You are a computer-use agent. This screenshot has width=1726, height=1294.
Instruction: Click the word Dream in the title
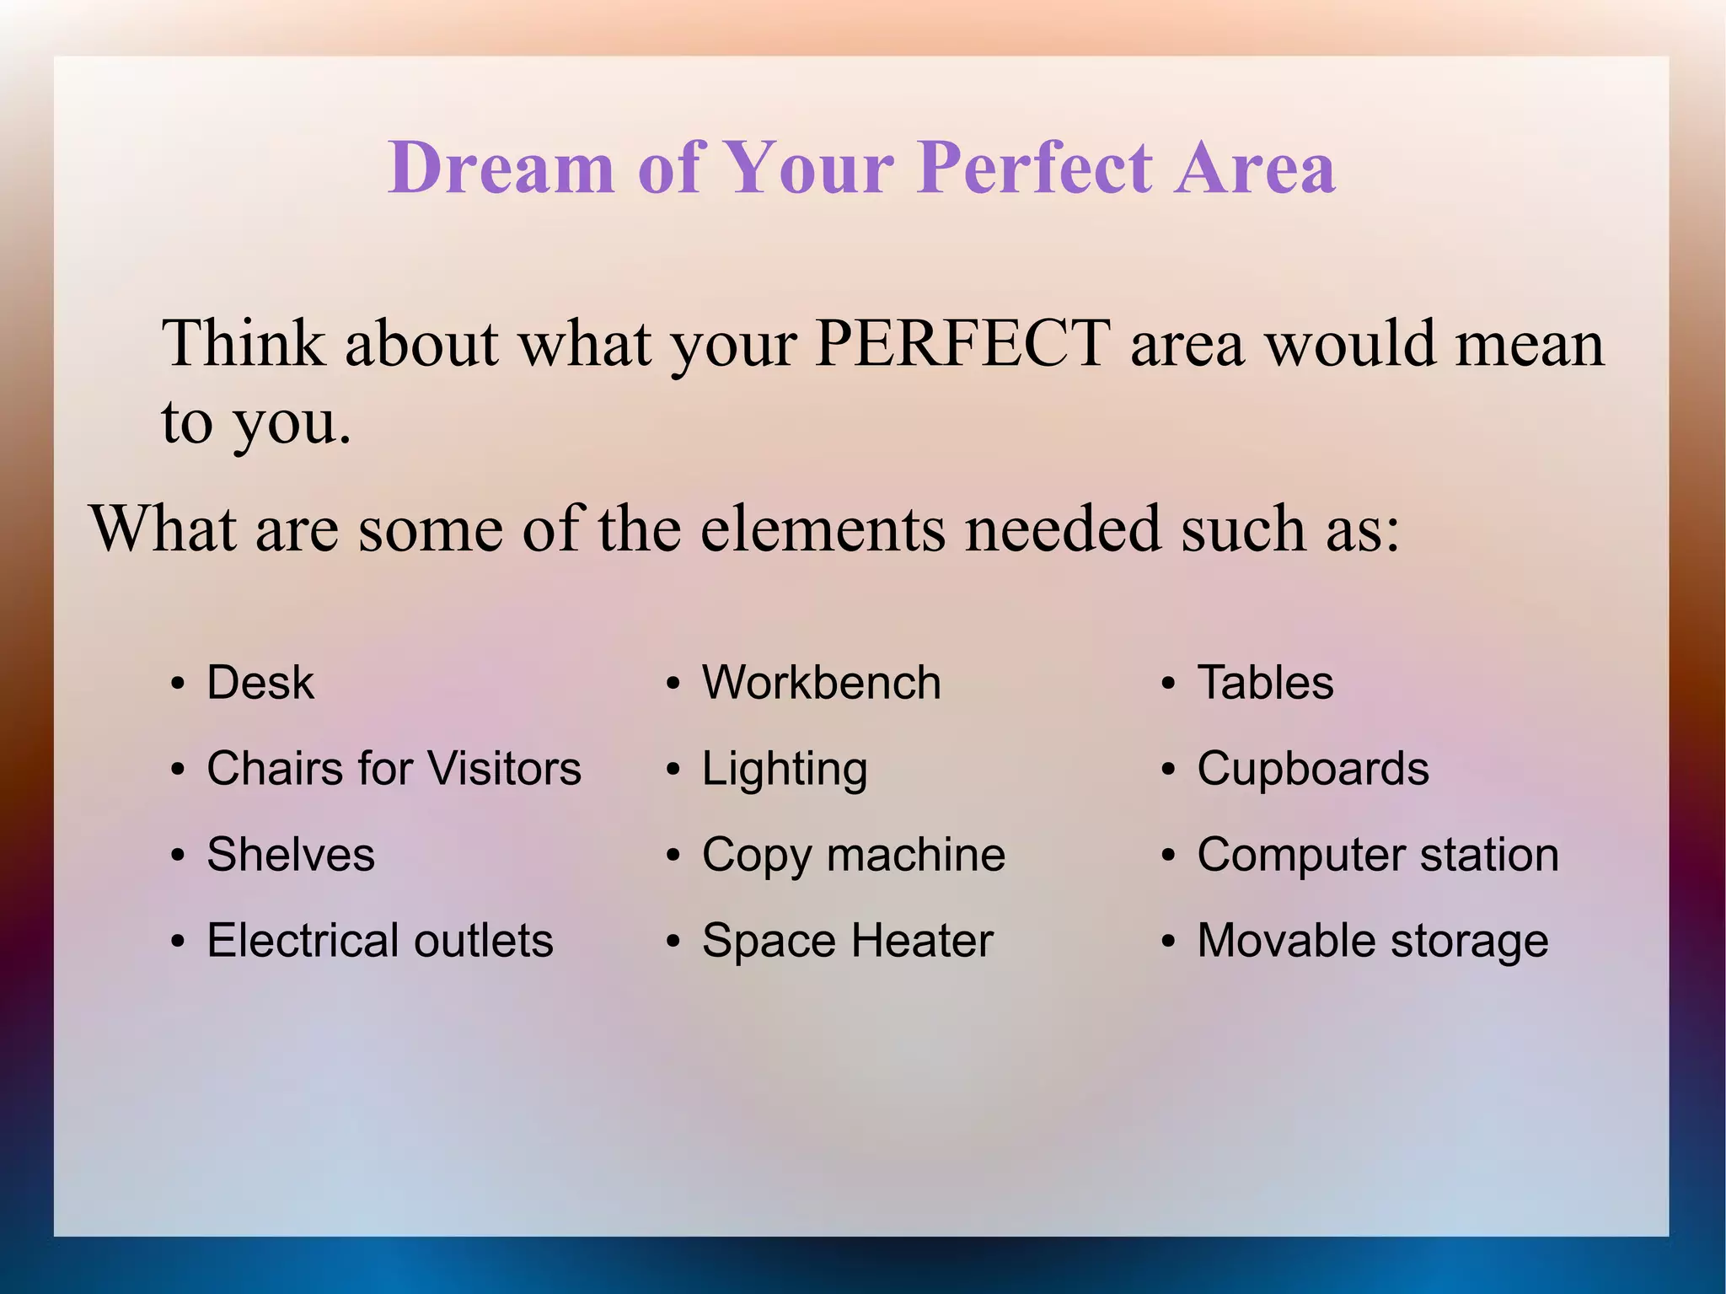pyautogui.click(x=501, y=167)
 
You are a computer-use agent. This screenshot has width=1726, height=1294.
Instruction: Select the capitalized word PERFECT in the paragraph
pyautogui.click(x=962, y=343)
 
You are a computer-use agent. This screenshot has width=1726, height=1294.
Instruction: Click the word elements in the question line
pyautogui.click(x=823, y=529)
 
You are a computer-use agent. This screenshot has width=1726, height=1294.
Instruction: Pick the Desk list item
pyautogui.click(x=260, y=682)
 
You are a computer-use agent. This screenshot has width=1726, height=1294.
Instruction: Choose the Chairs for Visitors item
pyautogui.click(x=394, y=769)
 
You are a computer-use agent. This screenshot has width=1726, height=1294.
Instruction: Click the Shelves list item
pyautogui.click(x=291, y=855)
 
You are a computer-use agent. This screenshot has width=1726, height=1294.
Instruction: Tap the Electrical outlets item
pyautogui.click(x=380, y=941)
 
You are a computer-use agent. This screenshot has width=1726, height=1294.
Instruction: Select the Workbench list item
pyautogui.click(x=821, y=682)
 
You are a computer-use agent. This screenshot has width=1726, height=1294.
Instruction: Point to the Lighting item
pyautogui.click(x=784, y=769)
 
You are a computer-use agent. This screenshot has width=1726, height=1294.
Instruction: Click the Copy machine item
pyautogui.click(x=853, y=855)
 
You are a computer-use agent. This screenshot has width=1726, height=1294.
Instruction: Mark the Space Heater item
pyautogui.click(x=847, y=941)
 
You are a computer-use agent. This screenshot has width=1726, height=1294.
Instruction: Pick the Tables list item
pyautogui.click(x=1265, y=682)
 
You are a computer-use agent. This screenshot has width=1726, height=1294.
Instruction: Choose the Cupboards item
pyautogui.click(x=1312, y=769)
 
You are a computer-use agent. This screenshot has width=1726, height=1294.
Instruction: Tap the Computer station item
pyautogui.click(x=1377, y=855)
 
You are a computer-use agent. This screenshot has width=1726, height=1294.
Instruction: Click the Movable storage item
pyautogui.click(x=1372, y=941)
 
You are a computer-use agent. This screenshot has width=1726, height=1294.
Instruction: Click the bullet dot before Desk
pyautogui.click(x=177, y=685)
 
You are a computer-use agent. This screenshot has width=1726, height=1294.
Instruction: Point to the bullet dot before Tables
pyautogui.click(x=1167, y=685)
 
